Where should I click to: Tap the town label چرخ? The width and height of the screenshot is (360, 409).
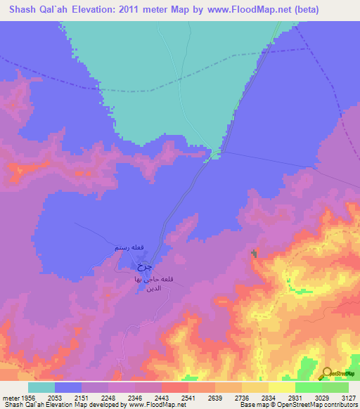[143, 266]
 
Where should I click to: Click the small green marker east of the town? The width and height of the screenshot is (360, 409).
[254, 254]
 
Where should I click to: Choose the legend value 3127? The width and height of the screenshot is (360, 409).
[347, 397]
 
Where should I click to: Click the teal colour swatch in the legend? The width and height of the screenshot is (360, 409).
[41, 387]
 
